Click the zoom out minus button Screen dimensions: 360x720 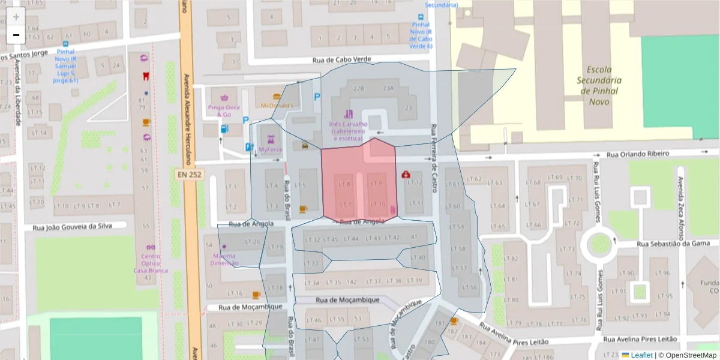[16, 35]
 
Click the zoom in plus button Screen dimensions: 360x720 [16, 17]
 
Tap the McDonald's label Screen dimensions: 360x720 [277, 106]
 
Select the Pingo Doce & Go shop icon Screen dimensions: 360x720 [224, 97]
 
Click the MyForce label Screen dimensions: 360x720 [270, 149]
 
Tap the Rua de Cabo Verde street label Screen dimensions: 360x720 [342, 60]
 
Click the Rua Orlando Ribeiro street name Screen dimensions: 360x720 [637, 154]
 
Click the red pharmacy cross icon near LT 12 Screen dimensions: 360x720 [406, 174]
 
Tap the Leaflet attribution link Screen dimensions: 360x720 [641, 355]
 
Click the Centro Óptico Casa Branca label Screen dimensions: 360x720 [151, 263]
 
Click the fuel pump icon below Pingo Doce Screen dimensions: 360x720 [224, 128]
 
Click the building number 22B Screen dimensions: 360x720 [359, 88]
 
